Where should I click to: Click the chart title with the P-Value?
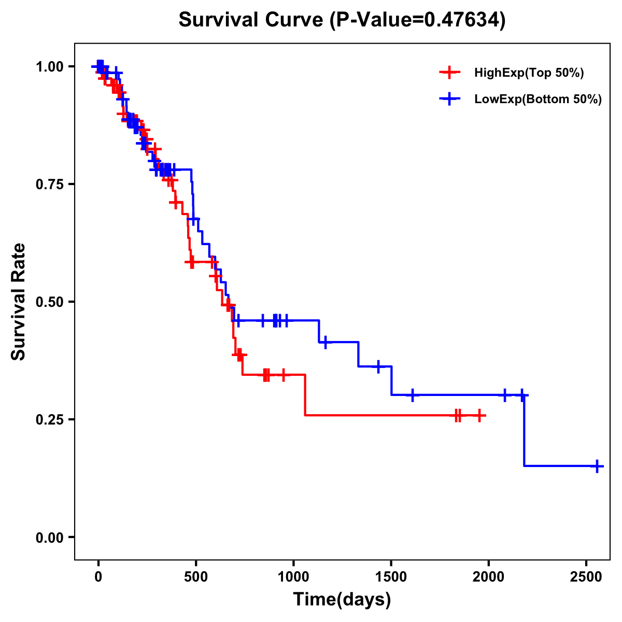[x=342, y=20]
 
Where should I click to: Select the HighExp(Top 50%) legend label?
[x=529, y=73]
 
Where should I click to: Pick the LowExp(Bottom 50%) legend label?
[x=538, y=100]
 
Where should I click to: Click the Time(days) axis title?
[x=342, y=600]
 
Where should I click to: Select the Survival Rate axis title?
[x=19, y=302]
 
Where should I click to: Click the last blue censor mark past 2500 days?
[x=597, y=466]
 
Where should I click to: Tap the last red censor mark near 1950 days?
[x=480, y=415]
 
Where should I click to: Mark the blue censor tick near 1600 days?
[x=412, y=395]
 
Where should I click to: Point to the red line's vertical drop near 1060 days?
[x=305, y=395]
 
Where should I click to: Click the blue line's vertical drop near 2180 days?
[x=524, y=430]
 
